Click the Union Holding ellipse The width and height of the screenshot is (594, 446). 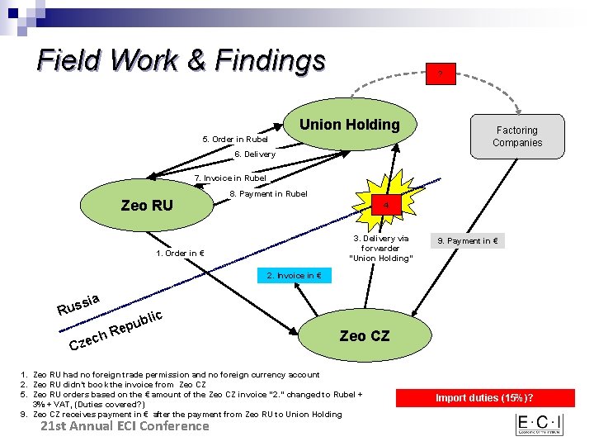(349, 126)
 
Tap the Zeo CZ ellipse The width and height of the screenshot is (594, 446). (364, 336)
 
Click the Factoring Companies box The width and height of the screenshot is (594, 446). (516, 136)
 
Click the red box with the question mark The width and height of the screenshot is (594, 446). (441, 75)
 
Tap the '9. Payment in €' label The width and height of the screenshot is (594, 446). (469, 241)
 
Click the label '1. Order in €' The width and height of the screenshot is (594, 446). (180, 253)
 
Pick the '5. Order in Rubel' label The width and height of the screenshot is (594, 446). (236, 139)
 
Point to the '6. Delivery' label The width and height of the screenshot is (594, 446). (255, 154)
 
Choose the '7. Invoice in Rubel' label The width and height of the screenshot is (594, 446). (230, 178)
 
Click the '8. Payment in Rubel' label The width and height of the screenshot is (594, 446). (268, 194)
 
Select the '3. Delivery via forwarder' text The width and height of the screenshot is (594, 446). (380, 248)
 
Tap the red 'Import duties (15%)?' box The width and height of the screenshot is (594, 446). (490, 398)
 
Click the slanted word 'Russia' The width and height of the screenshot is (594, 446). (79, 305)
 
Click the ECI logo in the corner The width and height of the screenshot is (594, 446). (539, 425)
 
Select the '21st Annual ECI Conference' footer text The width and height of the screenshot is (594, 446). (125, 426)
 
